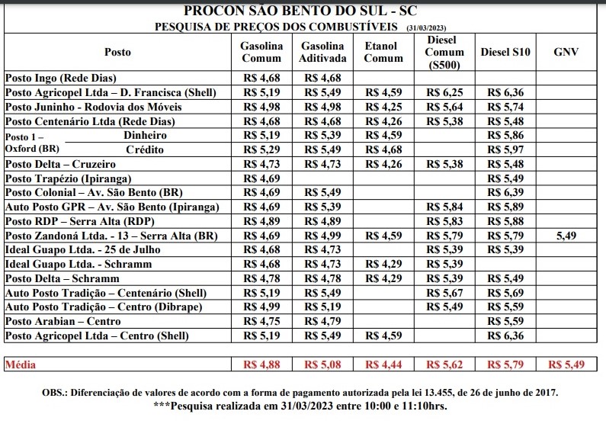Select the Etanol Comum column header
pyautogui.click(x=383, y=52)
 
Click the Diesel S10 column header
pyautogui.click(x=506, y=52)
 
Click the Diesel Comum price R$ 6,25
pyautogui.click(x=444, y=92)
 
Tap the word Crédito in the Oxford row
pyautogui.click(x=144, y=149)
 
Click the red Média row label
pyautogui.click(x=21, y=365)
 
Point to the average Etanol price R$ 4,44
pyautogui.click(x=383, y=365)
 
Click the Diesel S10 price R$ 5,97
pyautogui.click(x=506, y=149)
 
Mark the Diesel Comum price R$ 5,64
pyautogui.click(x=444, y=107)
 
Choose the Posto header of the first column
pyautogui.click(x=117, y=52)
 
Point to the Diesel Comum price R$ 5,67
pyautogui.click(x=444, y=293)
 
